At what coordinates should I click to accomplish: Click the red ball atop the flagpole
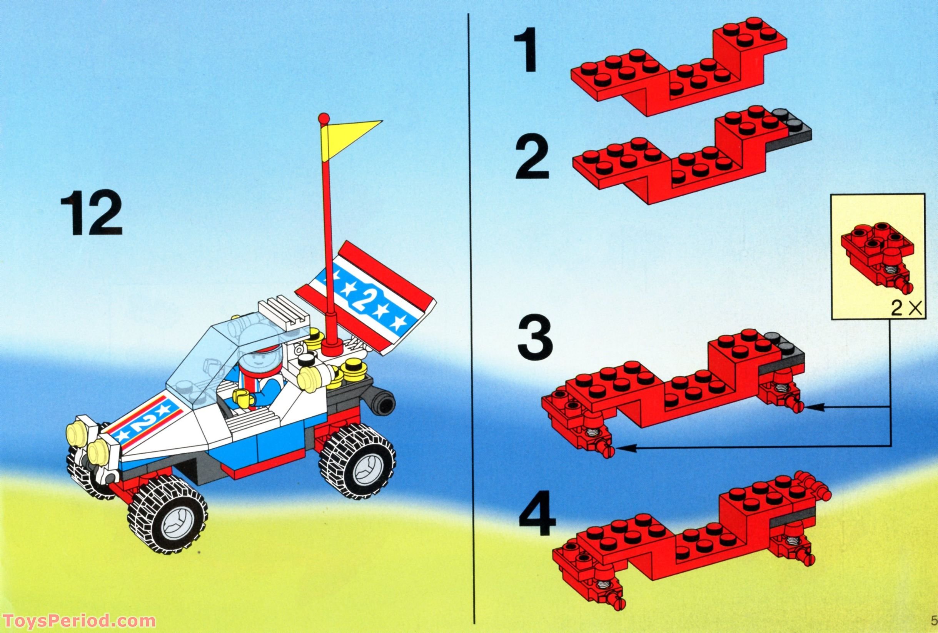322,118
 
